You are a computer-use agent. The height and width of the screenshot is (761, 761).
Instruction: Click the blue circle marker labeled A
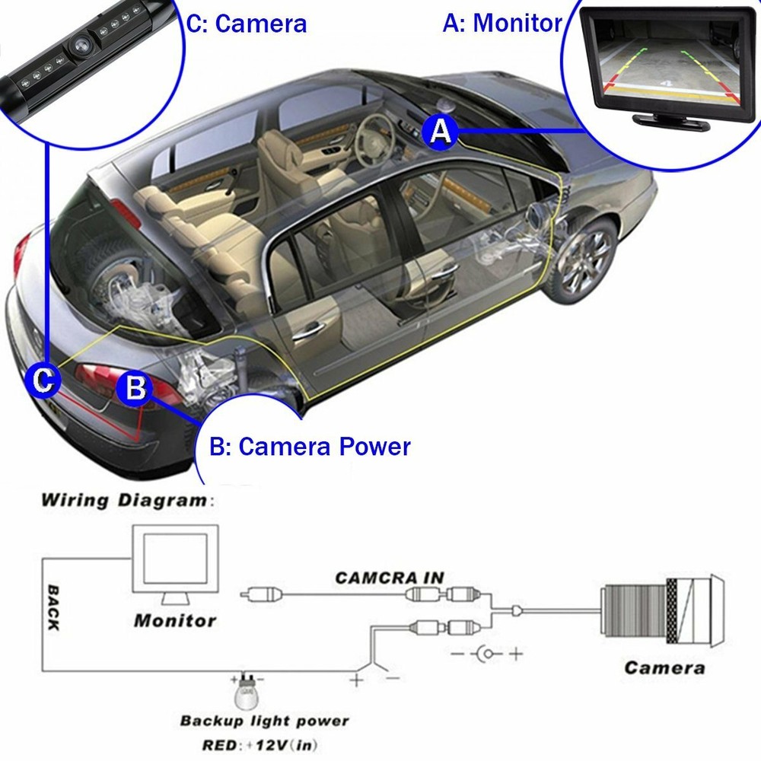pos(439,131)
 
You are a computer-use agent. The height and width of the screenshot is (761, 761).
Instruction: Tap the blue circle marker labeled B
pos(135,388)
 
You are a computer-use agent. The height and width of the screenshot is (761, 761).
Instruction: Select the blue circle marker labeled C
pos(44,378)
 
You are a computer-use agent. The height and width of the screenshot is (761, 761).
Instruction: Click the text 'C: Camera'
pos(247,23)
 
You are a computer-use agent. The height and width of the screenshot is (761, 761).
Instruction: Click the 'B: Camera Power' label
pos(310,446)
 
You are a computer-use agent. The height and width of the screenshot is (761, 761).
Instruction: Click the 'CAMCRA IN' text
pos(390,578)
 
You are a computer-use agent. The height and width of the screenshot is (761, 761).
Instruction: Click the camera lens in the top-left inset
pos(79,47)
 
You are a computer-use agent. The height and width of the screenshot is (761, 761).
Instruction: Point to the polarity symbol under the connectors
pos(486,653)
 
